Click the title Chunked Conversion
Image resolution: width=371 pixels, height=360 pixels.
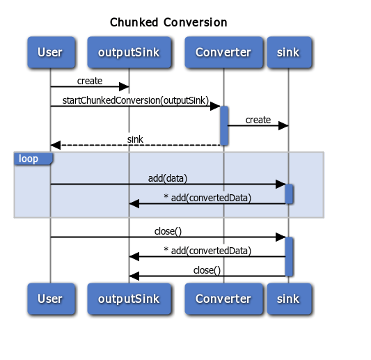click(168, 22)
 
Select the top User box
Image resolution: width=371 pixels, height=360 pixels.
click(50, 52)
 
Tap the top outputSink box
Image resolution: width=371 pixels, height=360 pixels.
click(129, 52)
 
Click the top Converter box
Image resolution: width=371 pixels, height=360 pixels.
click(223, 52)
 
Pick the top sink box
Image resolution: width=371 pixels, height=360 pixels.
click(288, 52)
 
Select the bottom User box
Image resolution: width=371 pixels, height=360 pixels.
click(50, 299)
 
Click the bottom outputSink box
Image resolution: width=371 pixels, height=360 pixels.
click(129, 299)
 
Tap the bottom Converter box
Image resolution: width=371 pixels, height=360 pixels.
click(223, 299)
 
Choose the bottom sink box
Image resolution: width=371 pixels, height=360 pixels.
click(288, 299)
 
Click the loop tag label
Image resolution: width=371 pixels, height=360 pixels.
click(29, 159)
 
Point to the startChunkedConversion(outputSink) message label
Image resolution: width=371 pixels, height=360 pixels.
click(134, 100)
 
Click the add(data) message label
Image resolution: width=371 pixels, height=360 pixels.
click(168, 178)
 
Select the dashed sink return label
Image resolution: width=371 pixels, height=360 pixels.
click(135, 139)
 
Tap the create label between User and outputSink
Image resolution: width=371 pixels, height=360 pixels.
click(90, 81)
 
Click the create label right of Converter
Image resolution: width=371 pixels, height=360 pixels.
click(258, 120)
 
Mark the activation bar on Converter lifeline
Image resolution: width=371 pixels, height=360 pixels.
click(224, 125)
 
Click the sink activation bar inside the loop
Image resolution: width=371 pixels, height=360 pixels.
click(289, 194)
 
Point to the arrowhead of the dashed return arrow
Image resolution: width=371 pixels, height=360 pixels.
click(56, 145)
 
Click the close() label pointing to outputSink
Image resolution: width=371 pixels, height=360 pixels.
click(207, 270)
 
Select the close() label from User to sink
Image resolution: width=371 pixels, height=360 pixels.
click(168, 231)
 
